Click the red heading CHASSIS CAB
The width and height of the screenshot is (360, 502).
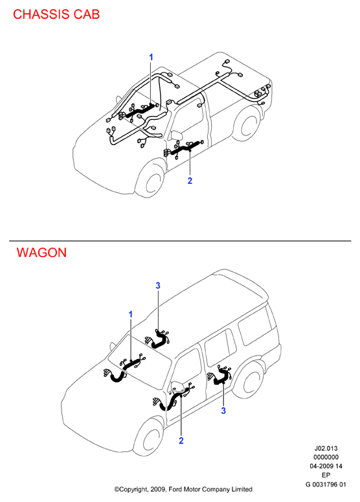pos(56,14)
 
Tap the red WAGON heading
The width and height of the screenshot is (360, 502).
pos(41,253)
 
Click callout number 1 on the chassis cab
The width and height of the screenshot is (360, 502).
pos(151,57)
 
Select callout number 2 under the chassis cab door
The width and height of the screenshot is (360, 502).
pos(190,181)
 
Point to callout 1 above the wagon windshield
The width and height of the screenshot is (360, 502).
pos(130,315)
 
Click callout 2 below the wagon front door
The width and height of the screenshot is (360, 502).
pos(181,441)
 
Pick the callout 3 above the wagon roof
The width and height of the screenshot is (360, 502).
pos(158,286)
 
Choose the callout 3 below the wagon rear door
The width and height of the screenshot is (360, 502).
pos(223,411)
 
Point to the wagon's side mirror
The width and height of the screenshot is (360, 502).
pos(178,387)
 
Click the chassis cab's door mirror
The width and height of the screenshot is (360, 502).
pos(176,135)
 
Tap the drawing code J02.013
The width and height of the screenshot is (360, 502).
pos(326,448)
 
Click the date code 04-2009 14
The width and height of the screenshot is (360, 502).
pos(326,466)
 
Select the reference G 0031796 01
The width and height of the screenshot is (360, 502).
pos(326,485)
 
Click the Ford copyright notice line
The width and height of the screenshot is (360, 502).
pos(183,490)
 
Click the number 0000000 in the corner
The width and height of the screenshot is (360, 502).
pos(326,457)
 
